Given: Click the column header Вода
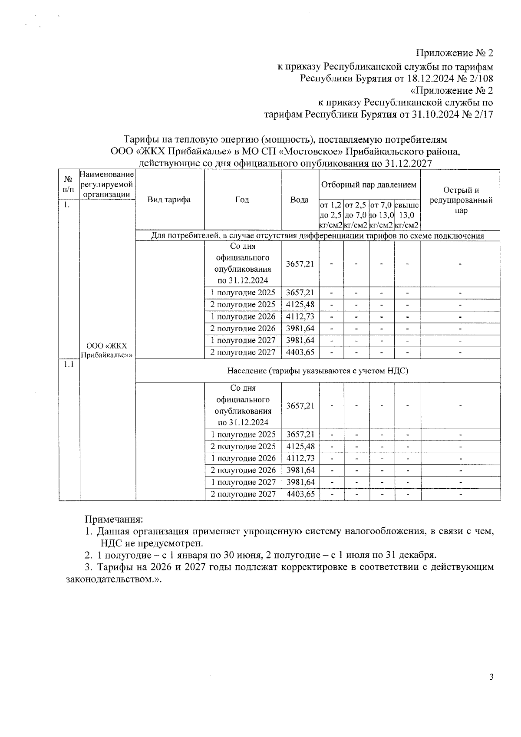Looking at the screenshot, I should (x=300, y=200).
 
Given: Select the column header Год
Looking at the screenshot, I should (x=242, y=200).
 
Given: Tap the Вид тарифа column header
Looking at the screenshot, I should (x=169, y=200).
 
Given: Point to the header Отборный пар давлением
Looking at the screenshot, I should (x=369, y=184).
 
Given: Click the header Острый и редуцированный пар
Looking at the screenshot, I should (x=461, y=200).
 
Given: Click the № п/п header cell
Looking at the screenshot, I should (x=68, y=184).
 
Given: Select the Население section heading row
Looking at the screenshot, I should (x=317, y=371).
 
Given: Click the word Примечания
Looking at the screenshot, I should (x=113, y=519).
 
